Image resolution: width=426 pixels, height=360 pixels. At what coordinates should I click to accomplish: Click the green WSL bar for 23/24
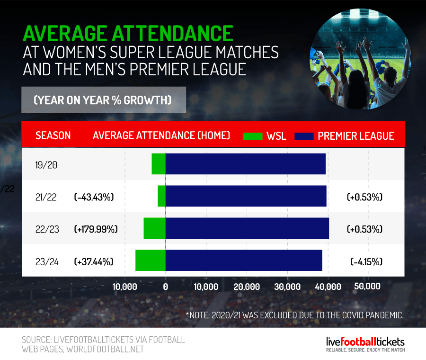pos(151,261)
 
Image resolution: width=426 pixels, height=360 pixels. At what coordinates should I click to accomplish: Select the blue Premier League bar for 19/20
pos(245,164)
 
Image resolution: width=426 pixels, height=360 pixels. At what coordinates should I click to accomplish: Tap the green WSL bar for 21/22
pos(161,196)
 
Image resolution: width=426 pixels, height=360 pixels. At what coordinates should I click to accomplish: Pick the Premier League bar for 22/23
pos(247,228)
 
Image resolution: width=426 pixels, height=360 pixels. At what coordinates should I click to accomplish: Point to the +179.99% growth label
pos(96,229)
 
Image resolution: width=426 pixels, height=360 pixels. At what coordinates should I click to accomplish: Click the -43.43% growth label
pos(94,197)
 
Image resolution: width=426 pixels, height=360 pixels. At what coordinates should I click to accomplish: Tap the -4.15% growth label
pos(366,261)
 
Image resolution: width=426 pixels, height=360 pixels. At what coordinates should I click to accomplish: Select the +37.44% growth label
pos(94,261)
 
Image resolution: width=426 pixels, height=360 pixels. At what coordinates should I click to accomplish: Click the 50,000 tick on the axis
pos(367,287)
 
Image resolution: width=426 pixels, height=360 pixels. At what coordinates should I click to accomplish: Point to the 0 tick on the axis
pos(166,287)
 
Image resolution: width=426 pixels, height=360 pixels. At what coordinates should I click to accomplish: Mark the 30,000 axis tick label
pos(287,287)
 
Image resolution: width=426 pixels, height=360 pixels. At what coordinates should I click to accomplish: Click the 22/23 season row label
pos(47,229)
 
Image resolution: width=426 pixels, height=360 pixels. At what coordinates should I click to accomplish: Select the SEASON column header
pos(53,135)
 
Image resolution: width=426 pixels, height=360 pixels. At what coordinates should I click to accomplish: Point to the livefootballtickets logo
pos(365,343)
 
